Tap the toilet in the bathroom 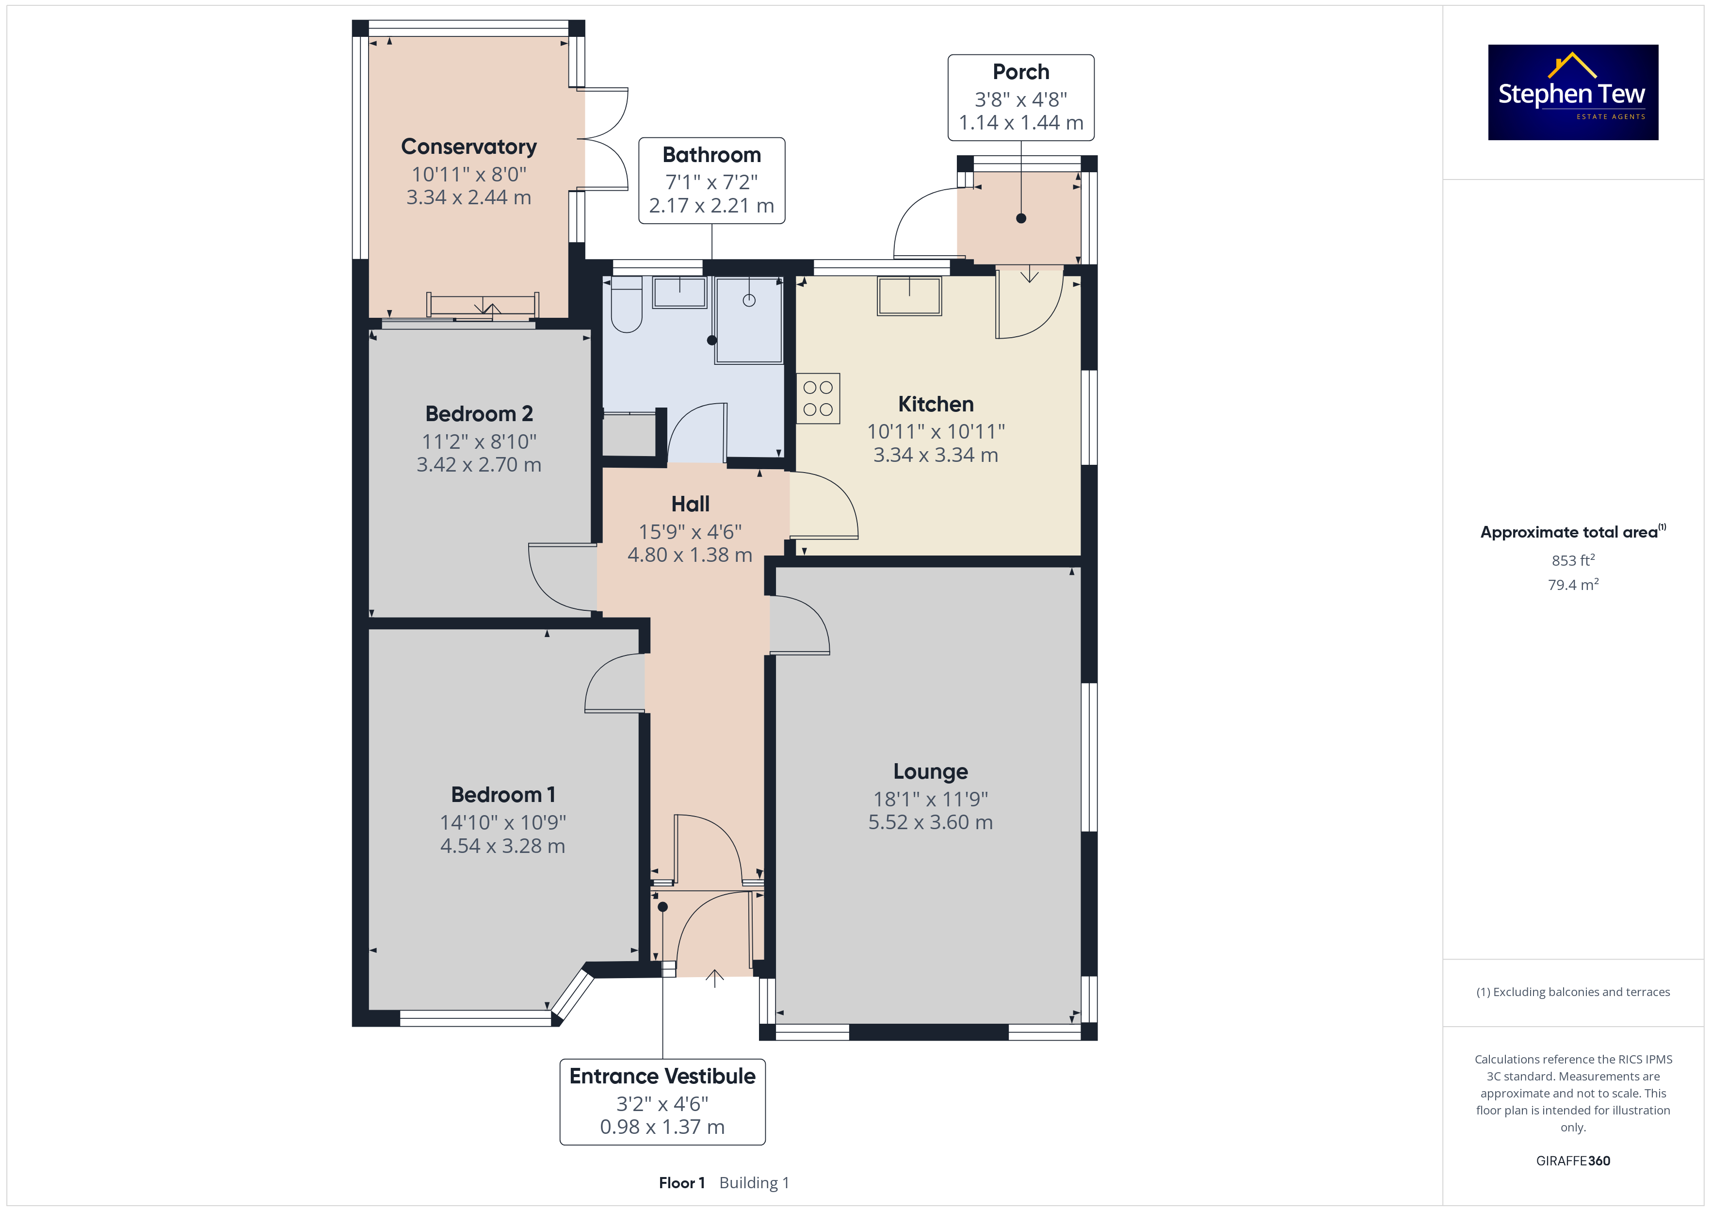[x=626, y=304]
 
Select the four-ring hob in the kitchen [x=818, y=398]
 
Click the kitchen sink [x=909, y=296]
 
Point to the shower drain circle [x=749, y=300]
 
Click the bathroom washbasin [x=679, y=292]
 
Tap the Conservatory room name [x=469, y=147]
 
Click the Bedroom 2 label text [x=479, y=414]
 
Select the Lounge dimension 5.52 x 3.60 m [x=931, y=822]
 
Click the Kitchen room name [x=936, y=404]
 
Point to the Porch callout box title [x=1021, y=72]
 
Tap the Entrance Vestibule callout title [x=662, y=1076]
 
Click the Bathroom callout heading [x=711, y=155]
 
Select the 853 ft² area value [x=1573, y=560]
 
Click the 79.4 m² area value [x=1573, y=585]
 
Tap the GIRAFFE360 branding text [x=1573, y=1161]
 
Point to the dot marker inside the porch [x=1021, y=218]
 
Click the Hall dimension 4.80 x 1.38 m [x=690, y=556]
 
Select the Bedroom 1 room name [x=503, y=795]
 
